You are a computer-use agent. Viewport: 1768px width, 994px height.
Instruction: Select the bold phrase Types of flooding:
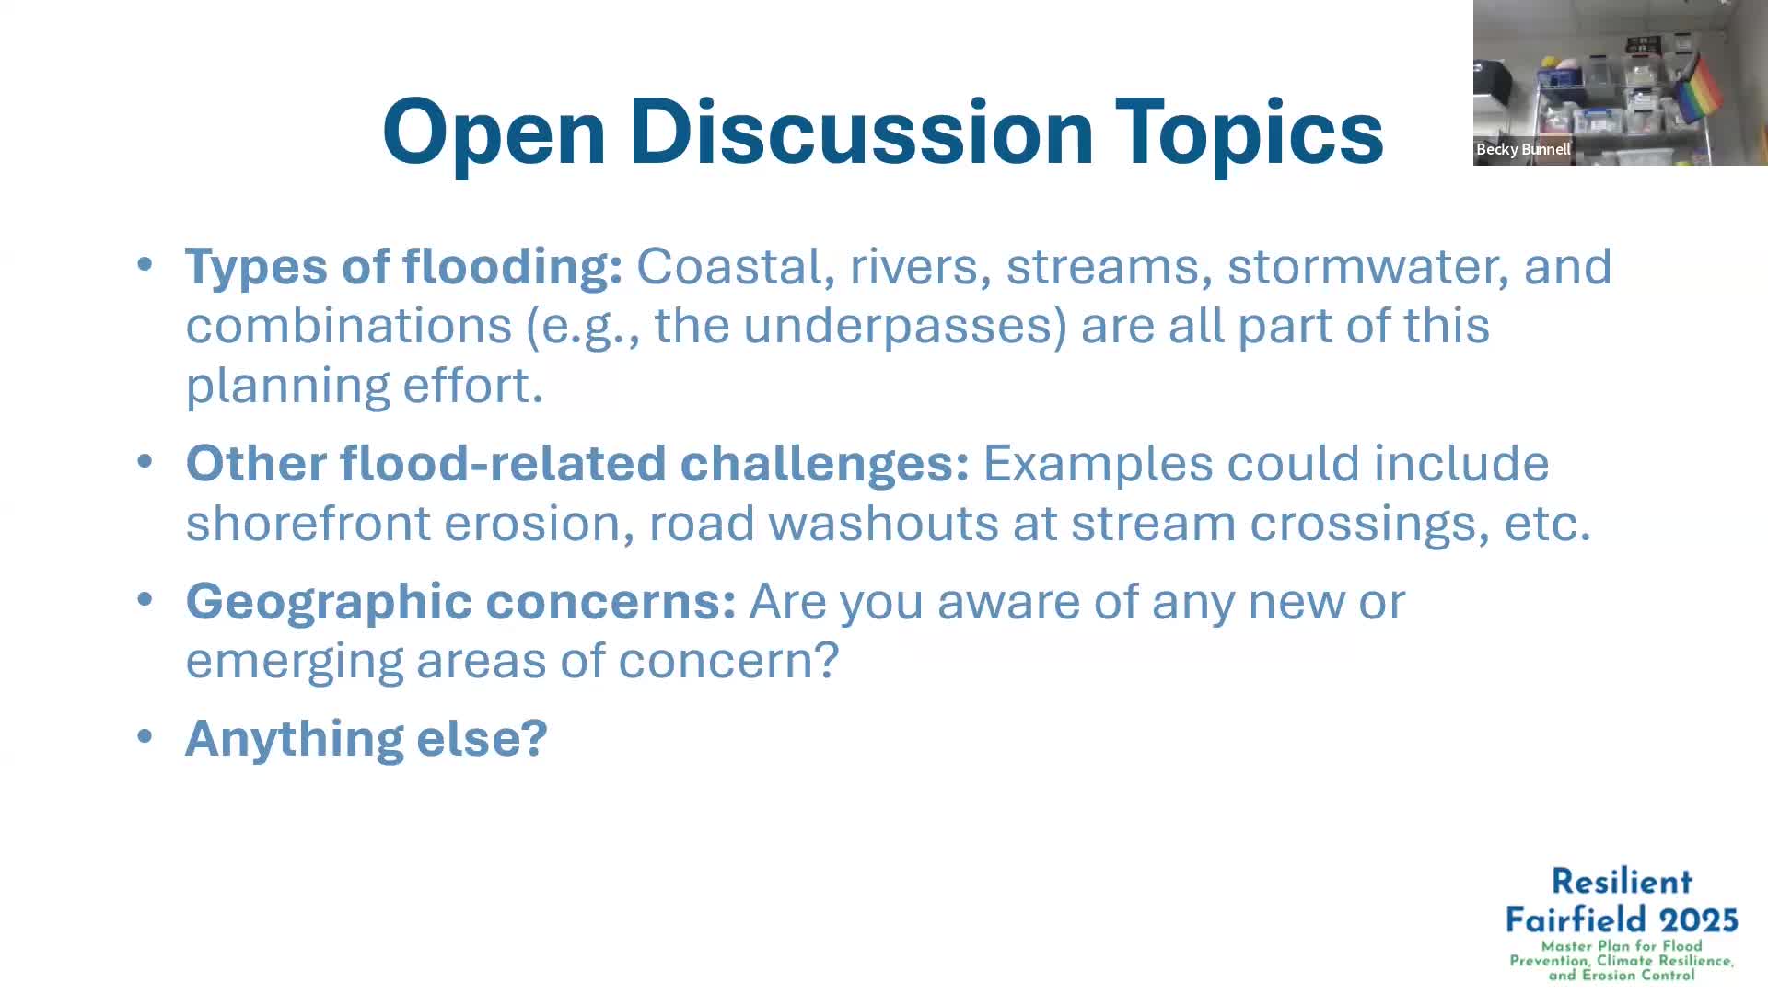(x=403, y=267)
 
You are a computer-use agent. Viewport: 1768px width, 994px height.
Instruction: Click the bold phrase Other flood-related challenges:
(x=576, y=463)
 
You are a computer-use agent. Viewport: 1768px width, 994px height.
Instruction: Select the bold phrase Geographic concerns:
(x=459, y=602)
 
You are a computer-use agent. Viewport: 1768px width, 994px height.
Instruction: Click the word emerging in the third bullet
(x=294, y=662)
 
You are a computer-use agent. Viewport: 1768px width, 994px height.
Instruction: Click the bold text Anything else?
(x=366, y=738)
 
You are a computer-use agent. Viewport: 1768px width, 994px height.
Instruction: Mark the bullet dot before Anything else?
(x=145, y=736)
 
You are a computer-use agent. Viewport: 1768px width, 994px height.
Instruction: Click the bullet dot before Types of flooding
(x=145, y=265)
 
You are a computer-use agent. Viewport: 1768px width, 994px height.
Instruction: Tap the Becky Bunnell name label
(x=1522, y=149)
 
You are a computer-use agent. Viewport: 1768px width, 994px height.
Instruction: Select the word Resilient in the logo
(x=1621, y=882)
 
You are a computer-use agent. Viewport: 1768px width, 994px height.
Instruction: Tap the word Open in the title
(x=494, y=133)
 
